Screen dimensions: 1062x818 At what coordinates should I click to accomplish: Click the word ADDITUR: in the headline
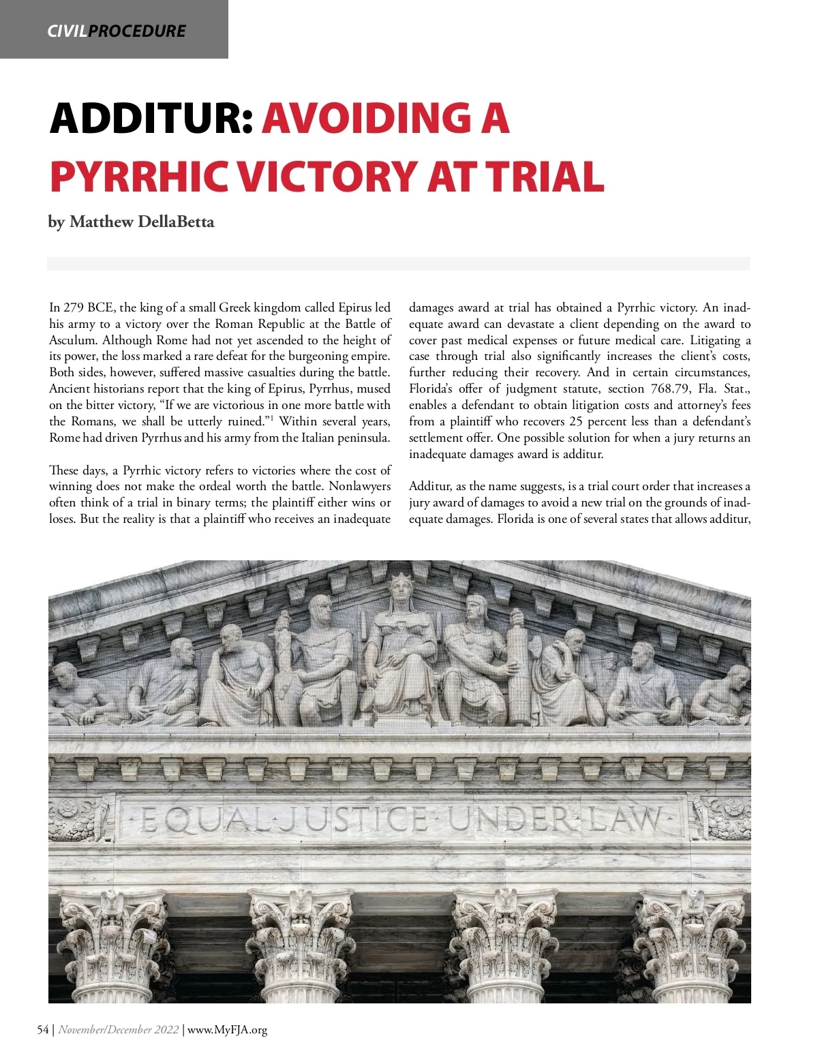tap(151, 119)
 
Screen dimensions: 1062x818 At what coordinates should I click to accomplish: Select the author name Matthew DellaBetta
tap(142, 222)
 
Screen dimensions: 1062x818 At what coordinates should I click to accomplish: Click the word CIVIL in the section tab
tap(67, 31)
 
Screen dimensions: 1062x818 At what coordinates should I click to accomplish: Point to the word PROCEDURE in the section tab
tap(137, 31)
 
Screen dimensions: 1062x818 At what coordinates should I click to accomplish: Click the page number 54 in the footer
tap(43, 1029)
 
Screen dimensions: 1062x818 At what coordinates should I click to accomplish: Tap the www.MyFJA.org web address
tap(227, 1029)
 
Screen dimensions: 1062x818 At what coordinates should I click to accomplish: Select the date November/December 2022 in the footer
tap(119, 1029)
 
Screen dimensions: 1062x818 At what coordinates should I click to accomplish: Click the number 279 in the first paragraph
tap(72, 307)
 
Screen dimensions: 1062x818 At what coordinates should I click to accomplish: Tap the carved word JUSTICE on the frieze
tap(354, 819)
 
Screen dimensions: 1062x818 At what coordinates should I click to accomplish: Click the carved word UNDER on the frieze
tap(511, 819)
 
